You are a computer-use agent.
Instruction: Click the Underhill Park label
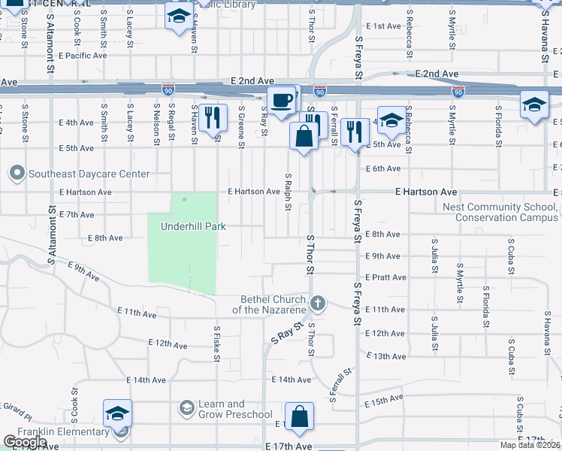point(192,226)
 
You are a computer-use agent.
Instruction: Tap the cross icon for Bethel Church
point(318,304)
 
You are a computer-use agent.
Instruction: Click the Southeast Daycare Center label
point(89,174)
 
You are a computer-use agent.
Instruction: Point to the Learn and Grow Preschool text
point(235,409)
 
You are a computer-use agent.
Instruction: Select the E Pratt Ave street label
point(385,277)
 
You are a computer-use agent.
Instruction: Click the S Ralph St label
point(288,192)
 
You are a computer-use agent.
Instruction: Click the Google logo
point(26,442)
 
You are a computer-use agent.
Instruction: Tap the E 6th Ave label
point(385,168)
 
